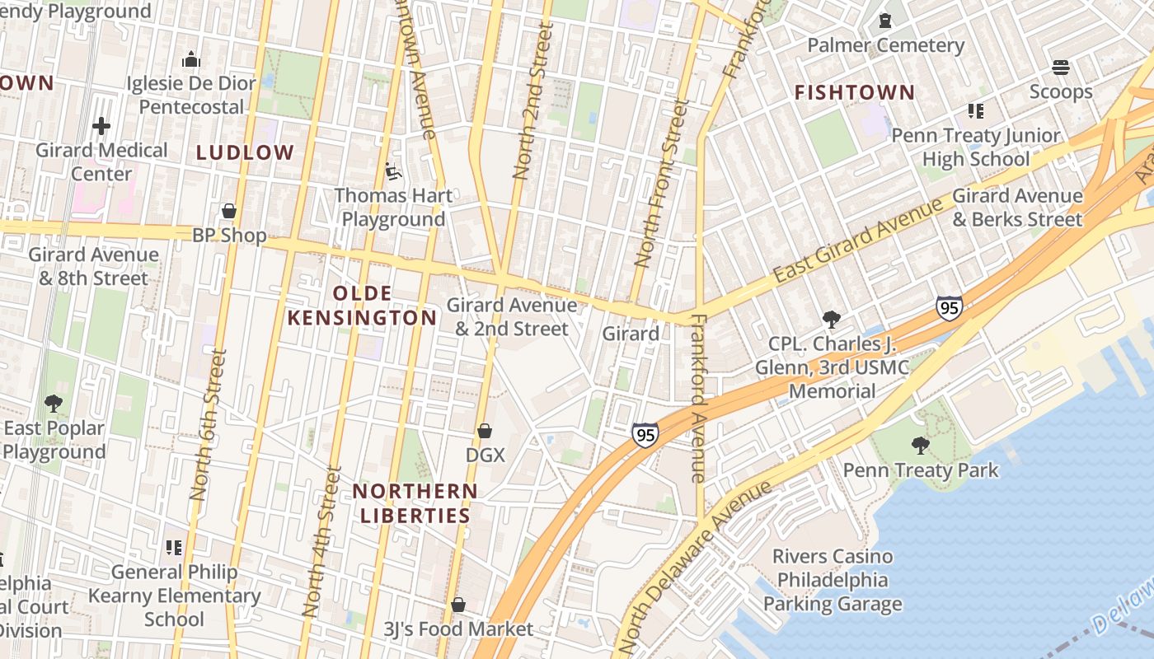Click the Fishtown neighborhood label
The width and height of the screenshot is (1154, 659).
855,92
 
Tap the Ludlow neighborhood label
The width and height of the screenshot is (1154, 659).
245,152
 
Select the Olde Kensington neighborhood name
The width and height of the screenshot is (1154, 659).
362,306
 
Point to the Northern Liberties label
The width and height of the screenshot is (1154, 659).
415,503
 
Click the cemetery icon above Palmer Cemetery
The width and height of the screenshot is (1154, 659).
885,21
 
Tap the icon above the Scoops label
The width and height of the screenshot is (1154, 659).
1060,67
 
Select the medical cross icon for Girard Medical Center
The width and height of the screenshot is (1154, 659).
101,126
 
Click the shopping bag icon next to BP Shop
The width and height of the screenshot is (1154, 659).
229,212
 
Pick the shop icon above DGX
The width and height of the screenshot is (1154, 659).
485,431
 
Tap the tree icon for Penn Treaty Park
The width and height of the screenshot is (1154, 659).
920,446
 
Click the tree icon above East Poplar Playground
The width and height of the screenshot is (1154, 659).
54,404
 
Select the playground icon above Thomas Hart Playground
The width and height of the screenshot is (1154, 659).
393,171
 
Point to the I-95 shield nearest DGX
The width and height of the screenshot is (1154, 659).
645,435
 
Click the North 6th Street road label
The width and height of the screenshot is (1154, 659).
207,424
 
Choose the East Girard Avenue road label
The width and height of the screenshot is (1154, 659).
858,241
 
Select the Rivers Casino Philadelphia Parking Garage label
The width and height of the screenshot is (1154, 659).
833,581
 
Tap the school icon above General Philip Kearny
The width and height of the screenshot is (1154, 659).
174,547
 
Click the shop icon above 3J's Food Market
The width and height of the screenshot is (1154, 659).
458,605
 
